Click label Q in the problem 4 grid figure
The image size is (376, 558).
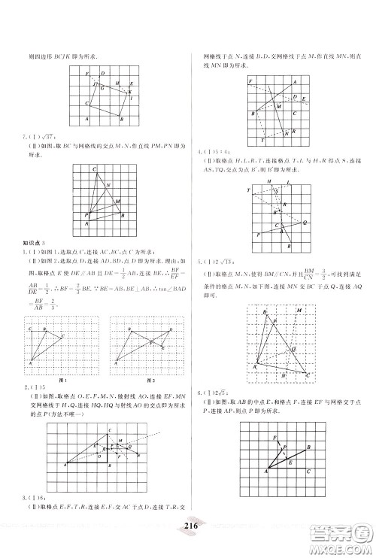click(x=305, y=223)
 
